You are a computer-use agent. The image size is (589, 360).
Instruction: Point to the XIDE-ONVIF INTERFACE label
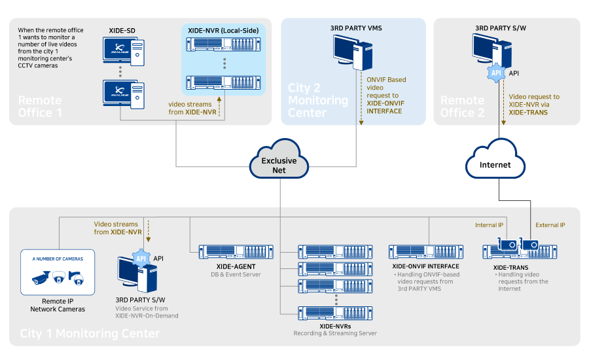425,266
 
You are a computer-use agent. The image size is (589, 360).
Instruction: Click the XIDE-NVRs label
335,325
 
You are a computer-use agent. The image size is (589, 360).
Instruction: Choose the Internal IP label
489,225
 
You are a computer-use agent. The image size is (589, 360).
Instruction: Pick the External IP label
550,225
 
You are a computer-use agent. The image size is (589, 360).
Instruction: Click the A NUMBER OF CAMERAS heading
58,259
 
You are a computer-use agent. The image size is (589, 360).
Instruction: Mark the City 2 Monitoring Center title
318,100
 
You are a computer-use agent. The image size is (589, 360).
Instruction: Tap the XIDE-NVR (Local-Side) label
223,30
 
